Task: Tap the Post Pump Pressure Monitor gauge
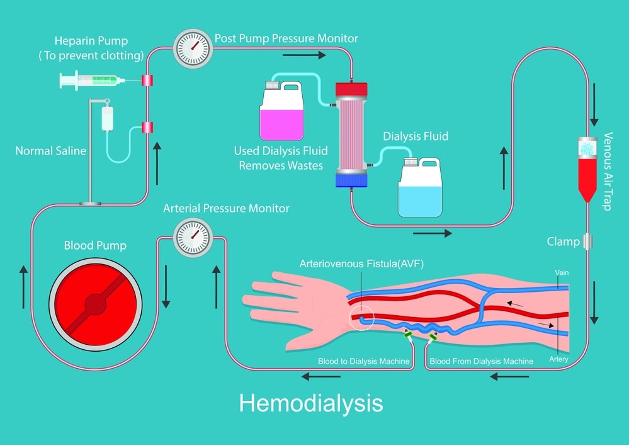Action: click(x=191, y=48)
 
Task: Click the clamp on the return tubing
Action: click(x=587, y=241)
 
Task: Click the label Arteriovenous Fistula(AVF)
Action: click(x=361, y=264)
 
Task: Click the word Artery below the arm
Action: click(x=558, y=359)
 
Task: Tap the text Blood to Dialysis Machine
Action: click(x=364, y=361)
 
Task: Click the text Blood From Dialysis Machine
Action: click(x=481, y=361)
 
